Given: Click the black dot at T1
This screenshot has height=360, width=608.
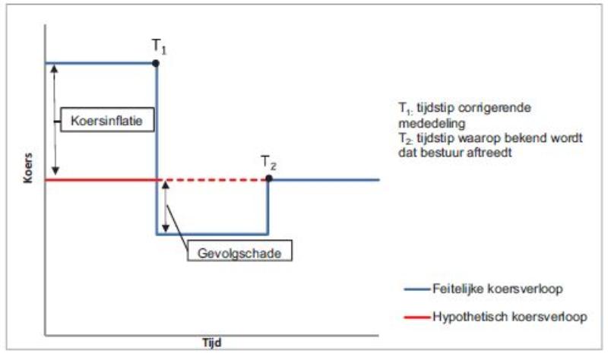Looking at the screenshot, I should click(157, 62).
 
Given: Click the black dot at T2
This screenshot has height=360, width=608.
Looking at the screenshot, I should click(268, 179).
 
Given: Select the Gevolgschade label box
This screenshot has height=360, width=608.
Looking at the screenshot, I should click(228, 253).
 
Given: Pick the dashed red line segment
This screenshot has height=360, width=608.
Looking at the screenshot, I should click(213, 180).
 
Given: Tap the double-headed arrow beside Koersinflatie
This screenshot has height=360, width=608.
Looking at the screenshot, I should click(55, 118).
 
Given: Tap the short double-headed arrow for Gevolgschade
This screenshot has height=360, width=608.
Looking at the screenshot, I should click(165, 207).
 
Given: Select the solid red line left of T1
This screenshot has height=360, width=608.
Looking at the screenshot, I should click(99, 180).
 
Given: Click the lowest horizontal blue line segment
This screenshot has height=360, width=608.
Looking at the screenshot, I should click(213, 234).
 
